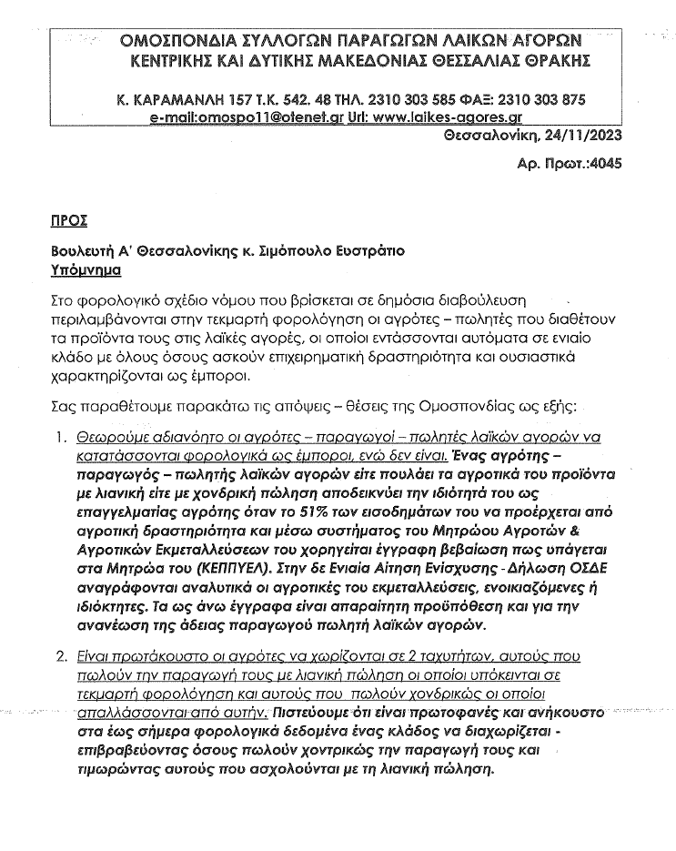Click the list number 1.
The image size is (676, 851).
tap(58, 436)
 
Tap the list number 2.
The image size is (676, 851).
tap(58, 655)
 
